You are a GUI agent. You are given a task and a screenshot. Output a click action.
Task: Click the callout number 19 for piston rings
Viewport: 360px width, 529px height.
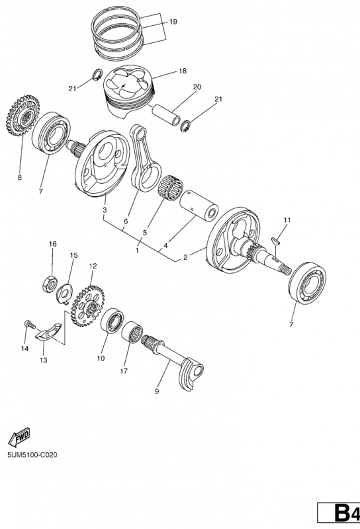(173, 22)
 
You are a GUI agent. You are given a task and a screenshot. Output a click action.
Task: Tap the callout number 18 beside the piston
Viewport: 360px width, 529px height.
(183, 71)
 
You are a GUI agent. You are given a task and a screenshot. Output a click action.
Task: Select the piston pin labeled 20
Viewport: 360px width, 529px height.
(167, 114)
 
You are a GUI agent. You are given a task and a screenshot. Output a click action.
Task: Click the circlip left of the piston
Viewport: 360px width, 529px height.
(97, 74)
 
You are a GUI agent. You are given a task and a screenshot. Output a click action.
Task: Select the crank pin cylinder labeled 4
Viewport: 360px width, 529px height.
(199, 206)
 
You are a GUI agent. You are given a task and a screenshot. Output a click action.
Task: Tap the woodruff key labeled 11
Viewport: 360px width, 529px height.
(277, 240)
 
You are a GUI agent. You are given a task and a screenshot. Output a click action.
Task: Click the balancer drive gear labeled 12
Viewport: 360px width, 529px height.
(87, 305)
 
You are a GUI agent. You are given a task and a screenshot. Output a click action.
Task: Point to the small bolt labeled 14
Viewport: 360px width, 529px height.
(30, 325)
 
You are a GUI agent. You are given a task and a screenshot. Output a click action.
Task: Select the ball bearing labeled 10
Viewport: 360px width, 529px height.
(112, 321)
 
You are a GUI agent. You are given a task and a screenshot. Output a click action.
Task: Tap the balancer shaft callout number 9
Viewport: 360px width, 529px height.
(157, 391)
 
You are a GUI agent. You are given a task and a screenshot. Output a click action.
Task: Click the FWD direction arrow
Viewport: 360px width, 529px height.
(19, 436)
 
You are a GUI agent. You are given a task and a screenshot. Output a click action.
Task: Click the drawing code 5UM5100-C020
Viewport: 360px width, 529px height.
(32, 455)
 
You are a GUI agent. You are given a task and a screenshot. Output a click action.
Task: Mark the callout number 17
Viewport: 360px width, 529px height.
(124, 371)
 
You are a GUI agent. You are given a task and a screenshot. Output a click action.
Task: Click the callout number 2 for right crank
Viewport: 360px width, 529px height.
(185, 258)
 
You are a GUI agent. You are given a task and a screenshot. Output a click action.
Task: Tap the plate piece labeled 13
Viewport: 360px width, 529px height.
(48, 331)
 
